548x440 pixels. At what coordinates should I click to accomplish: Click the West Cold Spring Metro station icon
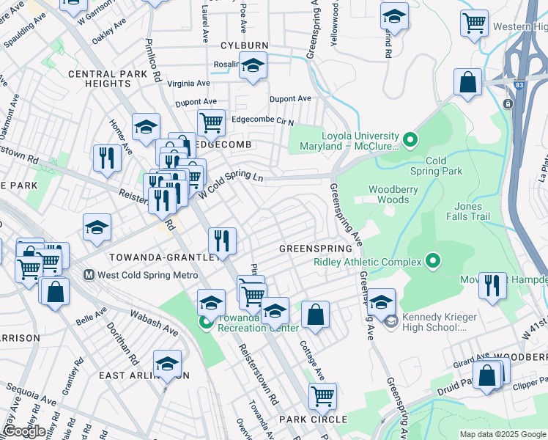pos(89,275)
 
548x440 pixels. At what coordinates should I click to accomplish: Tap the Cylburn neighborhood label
pos(244,45)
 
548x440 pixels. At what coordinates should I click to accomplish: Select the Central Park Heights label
pos(100,79)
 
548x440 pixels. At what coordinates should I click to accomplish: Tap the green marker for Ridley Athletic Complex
pos(433,261)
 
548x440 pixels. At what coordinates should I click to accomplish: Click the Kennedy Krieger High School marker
pos(390,321)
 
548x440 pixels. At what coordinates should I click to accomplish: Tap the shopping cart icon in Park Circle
pos(322,397)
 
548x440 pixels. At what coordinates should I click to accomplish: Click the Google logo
pos(24,430)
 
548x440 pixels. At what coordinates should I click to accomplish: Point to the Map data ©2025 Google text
pos(503,434)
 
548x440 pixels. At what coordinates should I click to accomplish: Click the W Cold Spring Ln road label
pos(229,182)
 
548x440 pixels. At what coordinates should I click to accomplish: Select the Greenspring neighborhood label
pos(316,249)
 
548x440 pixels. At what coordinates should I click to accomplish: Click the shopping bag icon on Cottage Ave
pos(315,315)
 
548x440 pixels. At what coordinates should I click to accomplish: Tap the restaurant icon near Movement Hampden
pos(492,285)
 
